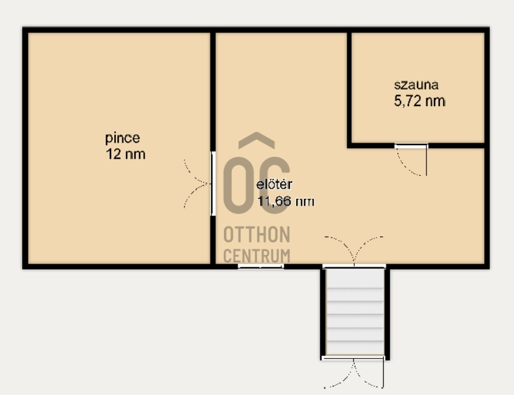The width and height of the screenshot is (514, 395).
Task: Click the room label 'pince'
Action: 122,138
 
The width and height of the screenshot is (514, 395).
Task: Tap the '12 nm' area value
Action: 125,154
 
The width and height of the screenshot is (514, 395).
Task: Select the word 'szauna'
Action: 416,85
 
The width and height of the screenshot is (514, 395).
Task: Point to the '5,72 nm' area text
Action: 419,102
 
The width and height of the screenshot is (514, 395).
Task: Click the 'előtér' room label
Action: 274,184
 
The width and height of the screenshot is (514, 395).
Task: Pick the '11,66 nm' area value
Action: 286,201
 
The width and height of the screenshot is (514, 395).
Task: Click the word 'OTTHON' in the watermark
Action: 256,235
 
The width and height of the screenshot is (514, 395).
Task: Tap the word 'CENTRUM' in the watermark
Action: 256,255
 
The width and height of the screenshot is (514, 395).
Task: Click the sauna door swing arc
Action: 410,162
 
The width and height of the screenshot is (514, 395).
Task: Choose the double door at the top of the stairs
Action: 354,250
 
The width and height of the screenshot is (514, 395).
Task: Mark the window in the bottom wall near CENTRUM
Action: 260,267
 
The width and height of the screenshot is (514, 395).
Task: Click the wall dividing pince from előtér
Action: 213,93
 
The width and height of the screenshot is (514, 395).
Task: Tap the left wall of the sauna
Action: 349,86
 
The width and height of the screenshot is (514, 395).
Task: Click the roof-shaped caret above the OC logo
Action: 256,141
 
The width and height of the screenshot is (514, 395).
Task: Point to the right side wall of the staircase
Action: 388,312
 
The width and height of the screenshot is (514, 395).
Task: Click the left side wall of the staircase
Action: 323,312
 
